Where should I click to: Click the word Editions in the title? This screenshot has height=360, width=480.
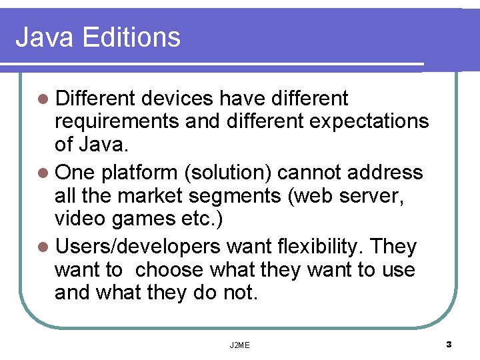click(132, 37)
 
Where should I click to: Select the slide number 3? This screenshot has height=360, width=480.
click(449, 345)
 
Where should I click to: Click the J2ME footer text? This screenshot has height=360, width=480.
click(239, 345)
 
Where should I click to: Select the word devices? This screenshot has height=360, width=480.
click(175, 99)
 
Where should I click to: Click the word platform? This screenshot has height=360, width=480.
click(136, 173)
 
